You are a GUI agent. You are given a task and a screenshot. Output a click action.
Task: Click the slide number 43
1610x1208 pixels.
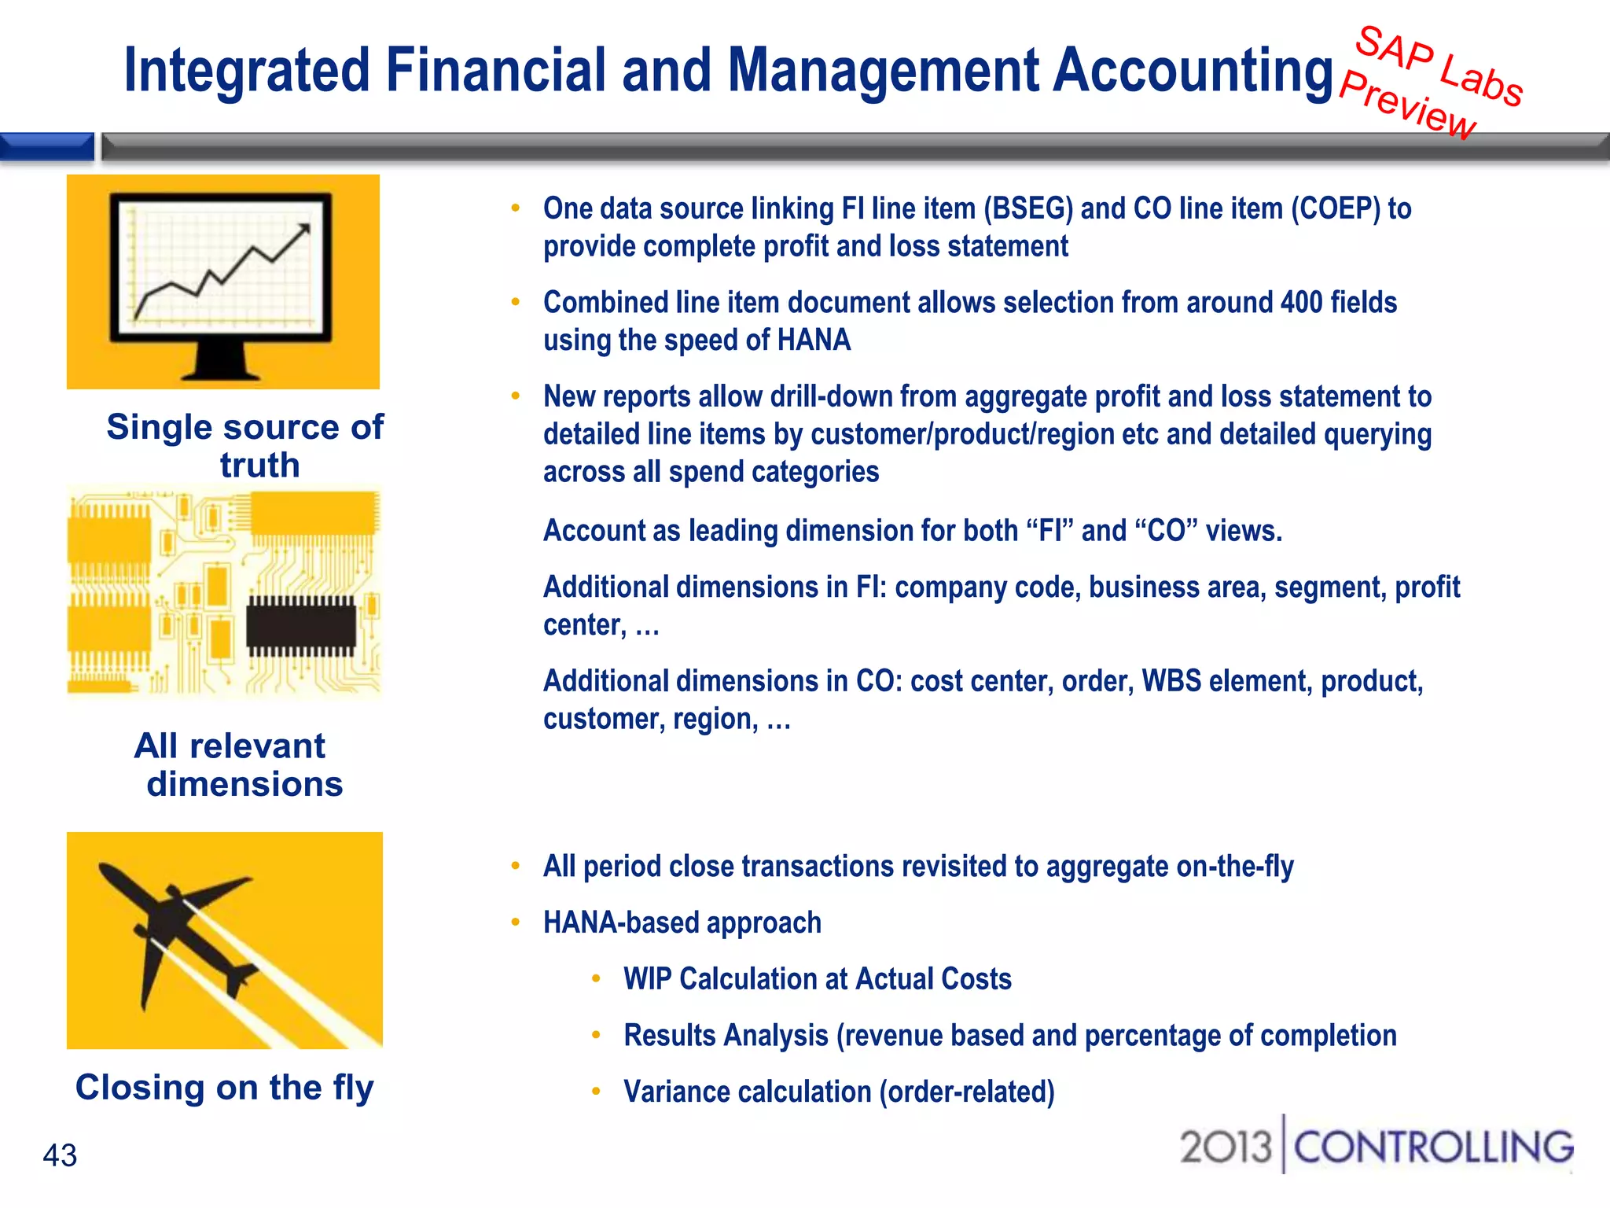(x=60, y=1155)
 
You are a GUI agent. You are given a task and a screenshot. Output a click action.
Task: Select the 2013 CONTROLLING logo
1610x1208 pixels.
(x=1377, y=1147)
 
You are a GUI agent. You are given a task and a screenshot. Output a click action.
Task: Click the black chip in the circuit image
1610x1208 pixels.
(x=301, y=626)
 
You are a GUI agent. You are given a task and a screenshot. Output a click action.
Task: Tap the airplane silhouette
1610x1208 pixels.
(x=177, y=928)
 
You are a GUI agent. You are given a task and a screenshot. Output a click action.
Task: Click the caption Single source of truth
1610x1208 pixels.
(x=245, y=446)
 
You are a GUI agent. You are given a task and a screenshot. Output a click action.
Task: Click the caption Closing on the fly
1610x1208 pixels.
(x=224, y=1088)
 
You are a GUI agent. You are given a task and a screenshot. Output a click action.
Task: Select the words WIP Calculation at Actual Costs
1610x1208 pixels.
(x=817, y=979)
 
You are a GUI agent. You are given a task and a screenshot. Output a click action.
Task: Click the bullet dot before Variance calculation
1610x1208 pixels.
(x=597, y=1091)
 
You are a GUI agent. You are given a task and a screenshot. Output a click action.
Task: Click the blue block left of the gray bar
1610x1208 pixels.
(x=47, y=147)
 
